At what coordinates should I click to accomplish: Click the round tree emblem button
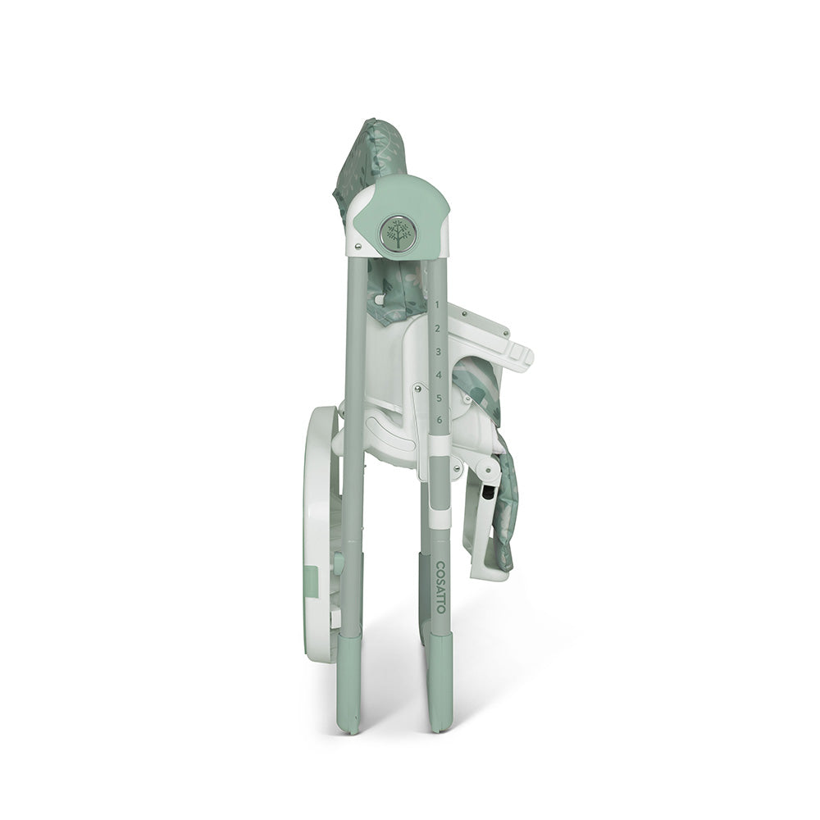(x=398, y=235)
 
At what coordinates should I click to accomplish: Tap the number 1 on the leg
(x=436, y=304)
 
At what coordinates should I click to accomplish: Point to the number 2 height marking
(x=437, y=328)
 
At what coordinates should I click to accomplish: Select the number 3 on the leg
(x=438, y=351)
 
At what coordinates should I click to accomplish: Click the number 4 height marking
(x=439, y=375)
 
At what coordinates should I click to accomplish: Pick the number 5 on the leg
(x=439, y=398)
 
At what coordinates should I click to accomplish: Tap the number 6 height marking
(x=440, y=420)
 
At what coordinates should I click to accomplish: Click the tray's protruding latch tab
(x=518, y=354)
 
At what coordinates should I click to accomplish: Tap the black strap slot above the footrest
(x=489, y=495)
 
